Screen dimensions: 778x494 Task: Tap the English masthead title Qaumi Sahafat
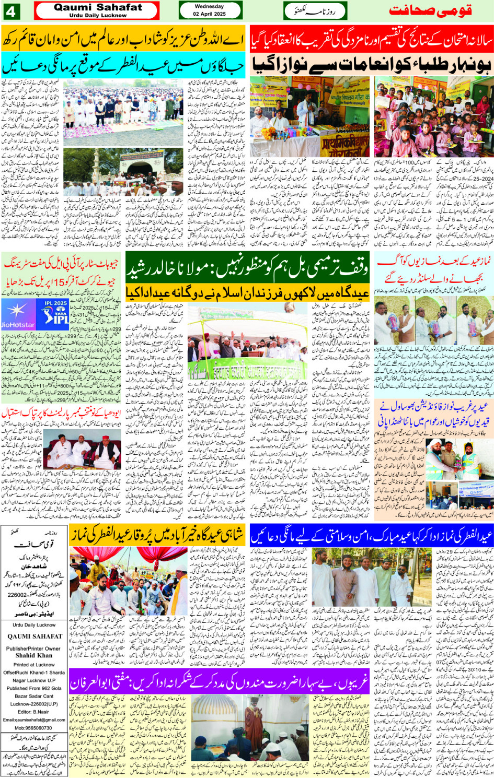coord(98,7)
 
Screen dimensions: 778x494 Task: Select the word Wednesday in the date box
coord(209,6)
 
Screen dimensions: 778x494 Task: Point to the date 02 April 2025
coord(209,14)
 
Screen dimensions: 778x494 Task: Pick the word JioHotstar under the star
coord(18,325)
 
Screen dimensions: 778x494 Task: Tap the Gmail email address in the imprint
coord(34,720)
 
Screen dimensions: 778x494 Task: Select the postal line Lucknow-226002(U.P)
coord(34,704)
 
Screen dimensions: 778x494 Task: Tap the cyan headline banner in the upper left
coord(123,66)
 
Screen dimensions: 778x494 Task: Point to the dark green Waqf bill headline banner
coord(247,269)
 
